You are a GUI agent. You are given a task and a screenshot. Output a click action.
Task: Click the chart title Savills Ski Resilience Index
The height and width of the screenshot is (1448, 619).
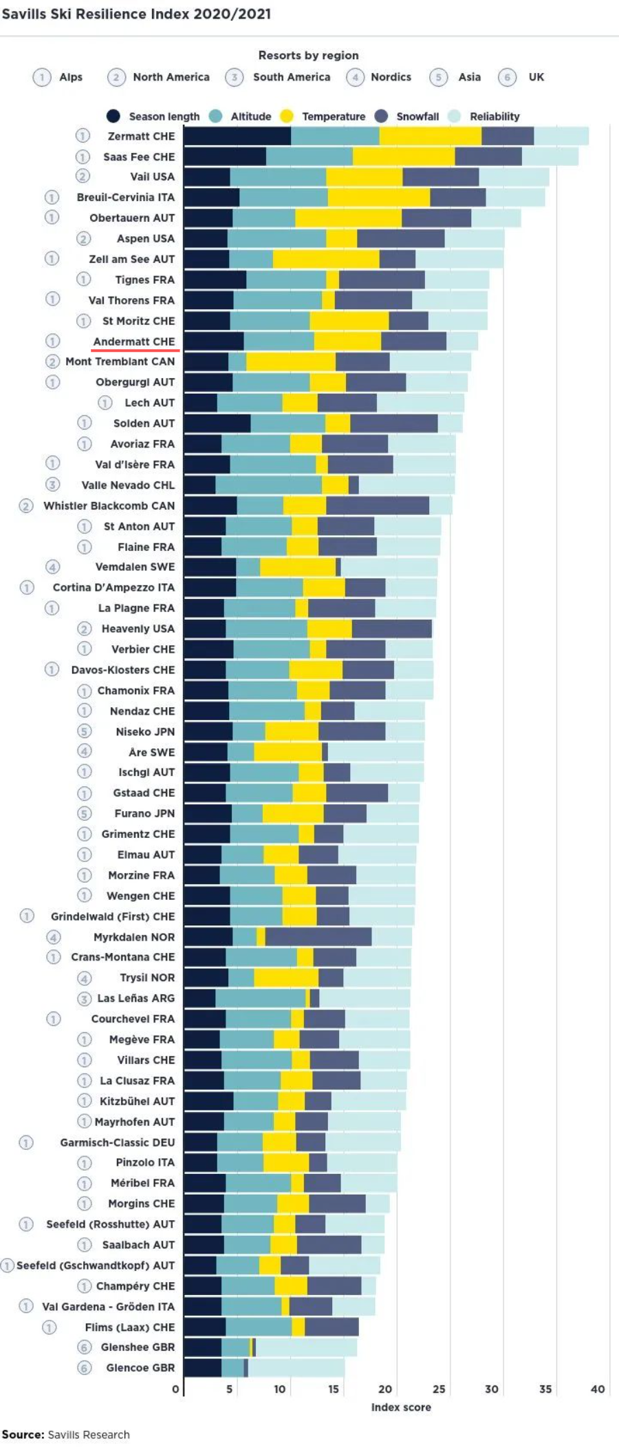136,14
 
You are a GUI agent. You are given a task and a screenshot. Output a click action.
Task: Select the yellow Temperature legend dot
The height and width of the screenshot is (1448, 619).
287,116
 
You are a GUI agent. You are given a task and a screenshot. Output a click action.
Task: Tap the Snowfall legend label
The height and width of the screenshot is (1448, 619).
417,116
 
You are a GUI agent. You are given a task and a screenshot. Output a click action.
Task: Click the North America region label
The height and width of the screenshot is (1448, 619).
171,77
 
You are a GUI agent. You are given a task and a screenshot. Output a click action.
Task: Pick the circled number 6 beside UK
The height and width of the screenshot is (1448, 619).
507,77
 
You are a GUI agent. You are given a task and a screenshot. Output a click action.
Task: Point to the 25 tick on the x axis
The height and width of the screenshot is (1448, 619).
439,1389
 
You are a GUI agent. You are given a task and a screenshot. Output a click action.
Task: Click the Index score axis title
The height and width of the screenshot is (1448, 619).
401,1407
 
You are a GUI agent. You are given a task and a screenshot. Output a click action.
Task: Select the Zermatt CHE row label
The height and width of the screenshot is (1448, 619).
141,136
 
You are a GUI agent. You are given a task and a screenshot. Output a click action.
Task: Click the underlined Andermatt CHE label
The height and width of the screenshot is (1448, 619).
134,342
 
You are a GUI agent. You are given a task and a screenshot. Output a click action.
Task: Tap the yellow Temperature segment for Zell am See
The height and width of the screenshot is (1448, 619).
325,259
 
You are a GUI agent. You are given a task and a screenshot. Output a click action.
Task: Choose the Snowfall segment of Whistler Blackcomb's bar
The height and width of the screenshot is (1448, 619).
377,505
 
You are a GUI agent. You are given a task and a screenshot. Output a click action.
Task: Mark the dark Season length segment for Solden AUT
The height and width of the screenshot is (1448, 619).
217,423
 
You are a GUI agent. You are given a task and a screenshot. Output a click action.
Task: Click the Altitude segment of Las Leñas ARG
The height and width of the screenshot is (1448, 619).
260,998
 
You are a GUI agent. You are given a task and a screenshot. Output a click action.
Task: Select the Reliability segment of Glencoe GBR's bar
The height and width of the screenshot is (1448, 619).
296,1367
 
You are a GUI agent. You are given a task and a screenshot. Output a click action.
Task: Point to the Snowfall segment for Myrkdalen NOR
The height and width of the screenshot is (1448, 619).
318,936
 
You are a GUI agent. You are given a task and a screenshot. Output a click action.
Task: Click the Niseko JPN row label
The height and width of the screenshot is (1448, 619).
145,731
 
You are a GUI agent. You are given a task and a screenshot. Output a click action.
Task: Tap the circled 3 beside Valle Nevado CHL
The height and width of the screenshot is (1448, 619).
53,485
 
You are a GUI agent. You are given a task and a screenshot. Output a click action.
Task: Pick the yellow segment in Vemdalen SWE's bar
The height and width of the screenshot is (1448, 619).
297,567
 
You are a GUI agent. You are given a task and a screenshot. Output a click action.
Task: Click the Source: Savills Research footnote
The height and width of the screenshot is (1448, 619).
65,1434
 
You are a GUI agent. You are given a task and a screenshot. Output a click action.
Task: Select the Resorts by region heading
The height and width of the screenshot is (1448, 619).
308,55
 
